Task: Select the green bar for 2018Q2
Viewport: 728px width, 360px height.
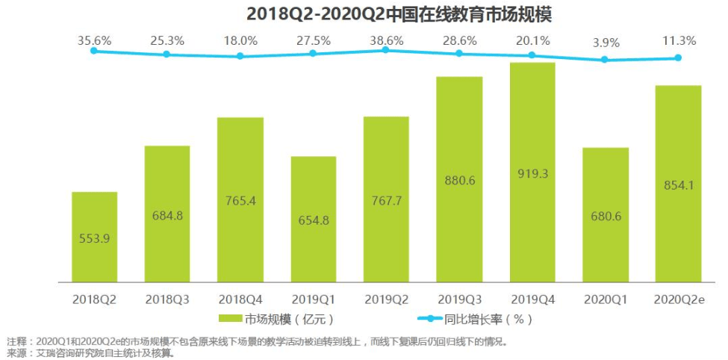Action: pyautogui.click(x=94, y=237)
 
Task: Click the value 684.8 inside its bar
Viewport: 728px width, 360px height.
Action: pyautogui.click(x=167, y=216)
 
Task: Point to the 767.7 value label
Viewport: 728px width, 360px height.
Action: pyautogui.click(x=386, y=200)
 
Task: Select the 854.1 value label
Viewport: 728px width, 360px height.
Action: pyautogui.click(x=679, y=185)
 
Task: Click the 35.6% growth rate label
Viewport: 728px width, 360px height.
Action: pyautogui.click(x=94, y=40)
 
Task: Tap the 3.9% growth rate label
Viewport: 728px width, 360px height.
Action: pyautogui.click(x=606, y=43)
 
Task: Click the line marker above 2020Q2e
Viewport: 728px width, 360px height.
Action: pyautogui.click(x=679, y=58)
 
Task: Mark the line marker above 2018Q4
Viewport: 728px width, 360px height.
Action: pyautogui.click(x=240, y=56)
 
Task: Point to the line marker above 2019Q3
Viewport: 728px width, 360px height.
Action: pyautogui.click(x=459, y=53)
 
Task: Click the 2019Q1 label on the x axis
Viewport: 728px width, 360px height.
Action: pyautogui.click(x=313, y=299)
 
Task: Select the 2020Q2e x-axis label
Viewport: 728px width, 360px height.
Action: pyautogui.click(x=679, y=299)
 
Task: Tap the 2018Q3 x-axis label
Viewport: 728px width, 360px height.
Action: pyautogui.click(x=167, y=299)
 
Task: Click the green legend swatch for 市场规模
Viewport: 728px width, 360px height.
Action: pyautogui.click(x=231, y=320)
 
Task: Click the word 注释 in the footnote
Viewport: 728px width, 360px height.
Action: pyautogui.click(x=16, y=341)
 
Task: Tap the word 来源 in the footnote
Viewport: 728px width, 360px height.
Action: pyautogui.click(x=16, y=353)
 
